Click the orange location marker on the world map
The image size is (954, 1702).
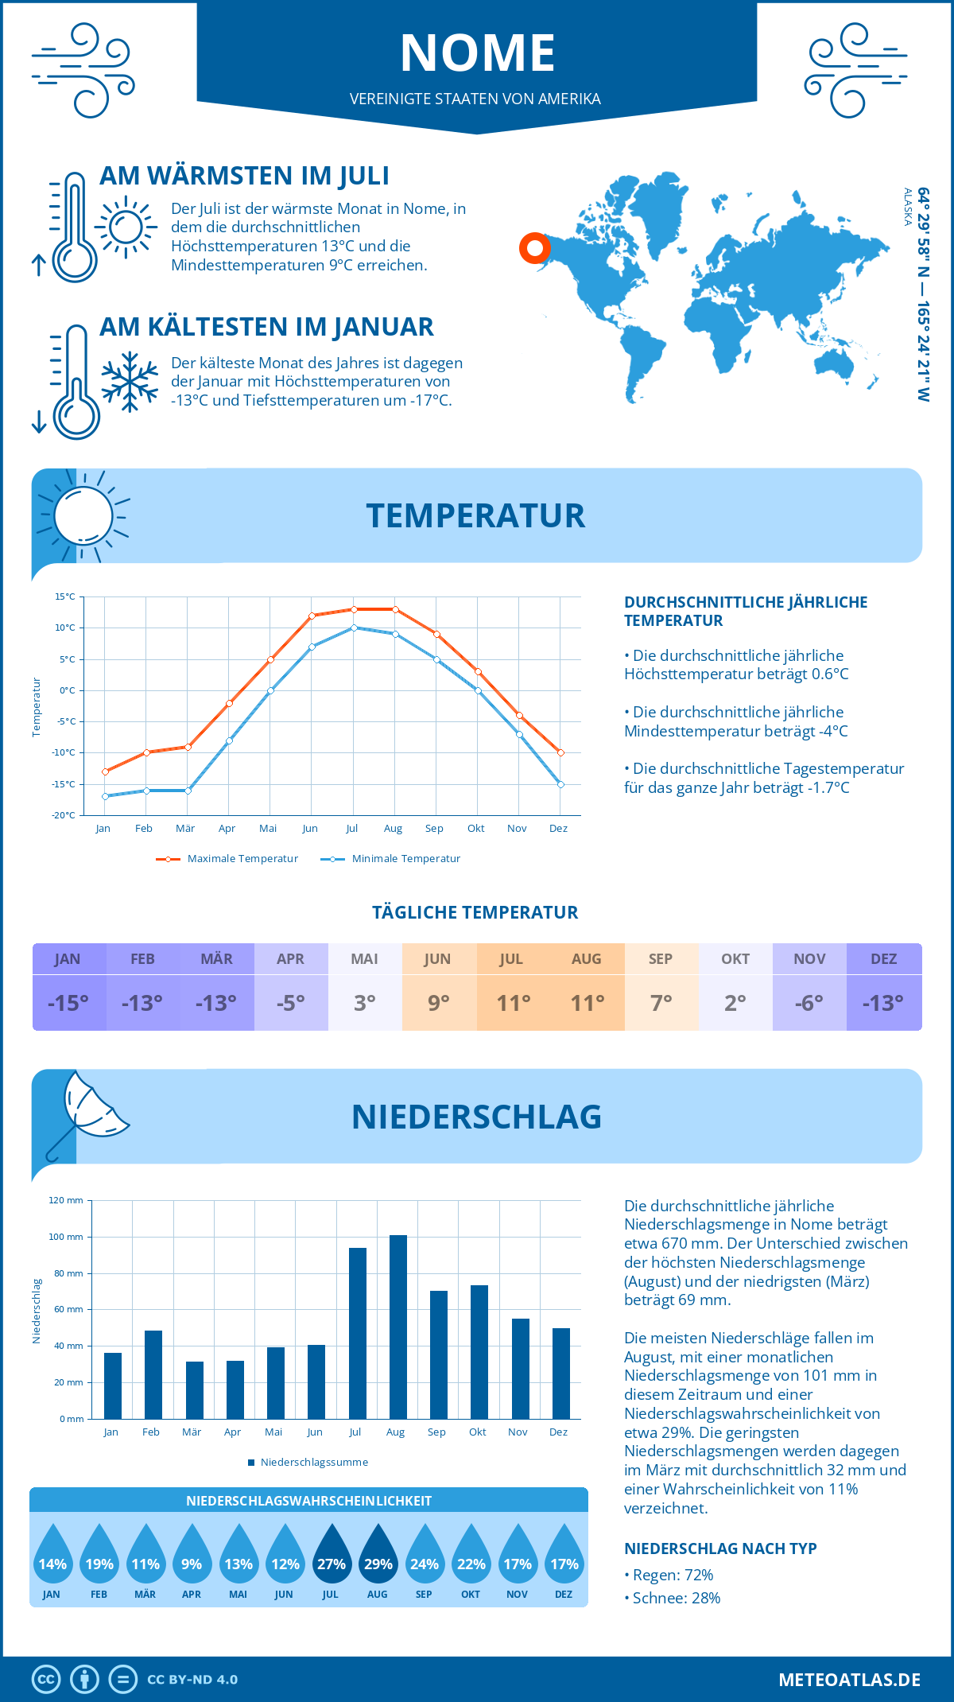tap(535, 248)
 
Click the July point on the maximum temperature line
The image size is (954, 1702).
tap(354, 609)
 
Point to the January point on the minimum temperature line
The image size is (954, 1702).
tap(105, 796)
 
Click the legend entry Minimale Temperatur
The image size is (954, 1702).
tap(391, 859)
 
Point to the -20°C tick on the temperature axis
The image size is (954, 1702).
tap(64, 815)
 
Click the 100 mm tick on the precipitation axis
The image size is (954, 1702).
tap(65, 1237)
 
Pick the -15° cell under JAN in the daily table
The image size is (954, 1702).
tap(68, 1003)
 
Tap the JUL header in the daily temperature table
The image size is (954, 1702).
tap(511, 959)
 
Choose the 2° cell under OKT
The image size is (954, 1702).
tap(735, 1003)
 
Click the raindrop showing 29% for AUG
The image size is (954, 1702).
tap(378, 1556)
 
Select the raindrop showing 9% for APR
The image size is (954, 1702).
tap(192, 1556)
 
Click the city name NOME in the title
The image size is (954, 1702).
tap(477, 53)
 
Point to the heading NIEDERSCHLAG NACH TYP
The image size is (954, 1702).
tap(720, 1549)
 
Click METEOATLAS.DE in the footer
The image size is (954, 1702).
tap(849, 1680)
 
